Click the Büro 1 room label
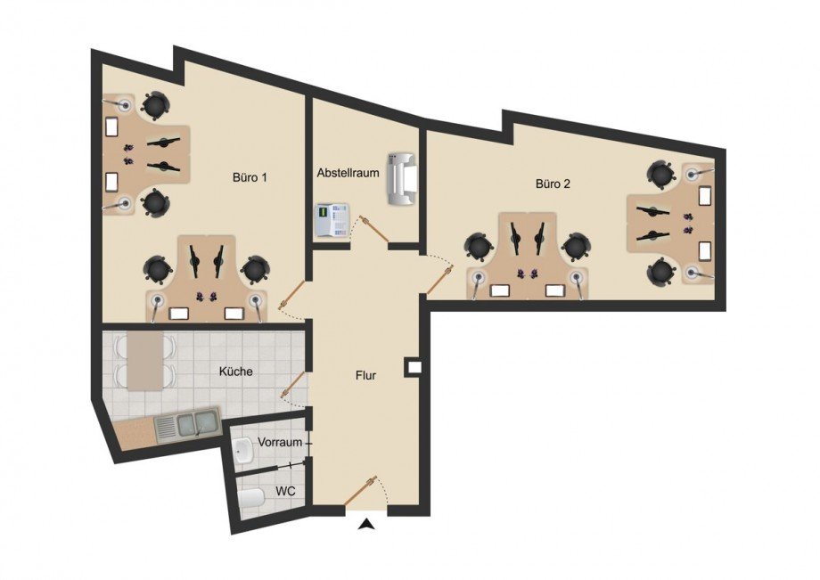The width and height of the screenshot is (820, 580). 250,177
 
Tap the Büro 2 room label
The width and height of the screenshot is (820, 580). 553,184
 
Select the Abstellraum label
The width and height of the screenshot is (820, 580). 348,173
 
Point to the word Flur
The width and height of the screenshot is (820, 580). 365,375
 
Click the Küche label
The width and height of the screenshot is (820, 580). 236,372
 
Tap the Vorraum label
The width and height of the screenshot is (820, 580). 280,442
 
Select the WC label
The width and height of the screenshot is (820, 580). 285,491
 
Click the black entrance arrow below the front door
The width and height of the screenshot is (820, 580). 367,524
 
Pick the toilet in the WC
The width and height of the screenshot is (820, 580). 251,499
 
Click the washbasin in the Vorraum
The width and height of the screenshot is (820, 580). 243,451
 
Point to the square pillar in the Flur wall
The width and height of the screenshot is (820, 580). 414,367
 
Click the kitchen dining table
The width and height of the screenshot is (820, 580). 145,361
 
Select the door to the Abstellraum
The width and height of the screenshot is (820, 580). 376,230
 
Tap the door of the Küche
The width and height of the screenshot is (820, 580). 294,385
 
